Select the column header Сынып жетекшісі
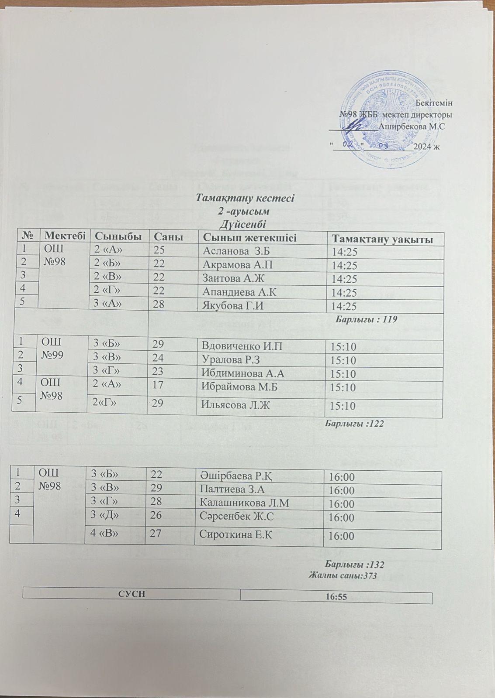[x=247, y=238]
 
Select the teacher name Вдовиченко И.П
[x=239, y=346]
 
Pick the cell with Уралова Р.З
[x=231, y=360]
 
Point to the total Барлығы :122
[x=355, y=423]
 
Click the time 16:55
[x=336, y=596]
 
